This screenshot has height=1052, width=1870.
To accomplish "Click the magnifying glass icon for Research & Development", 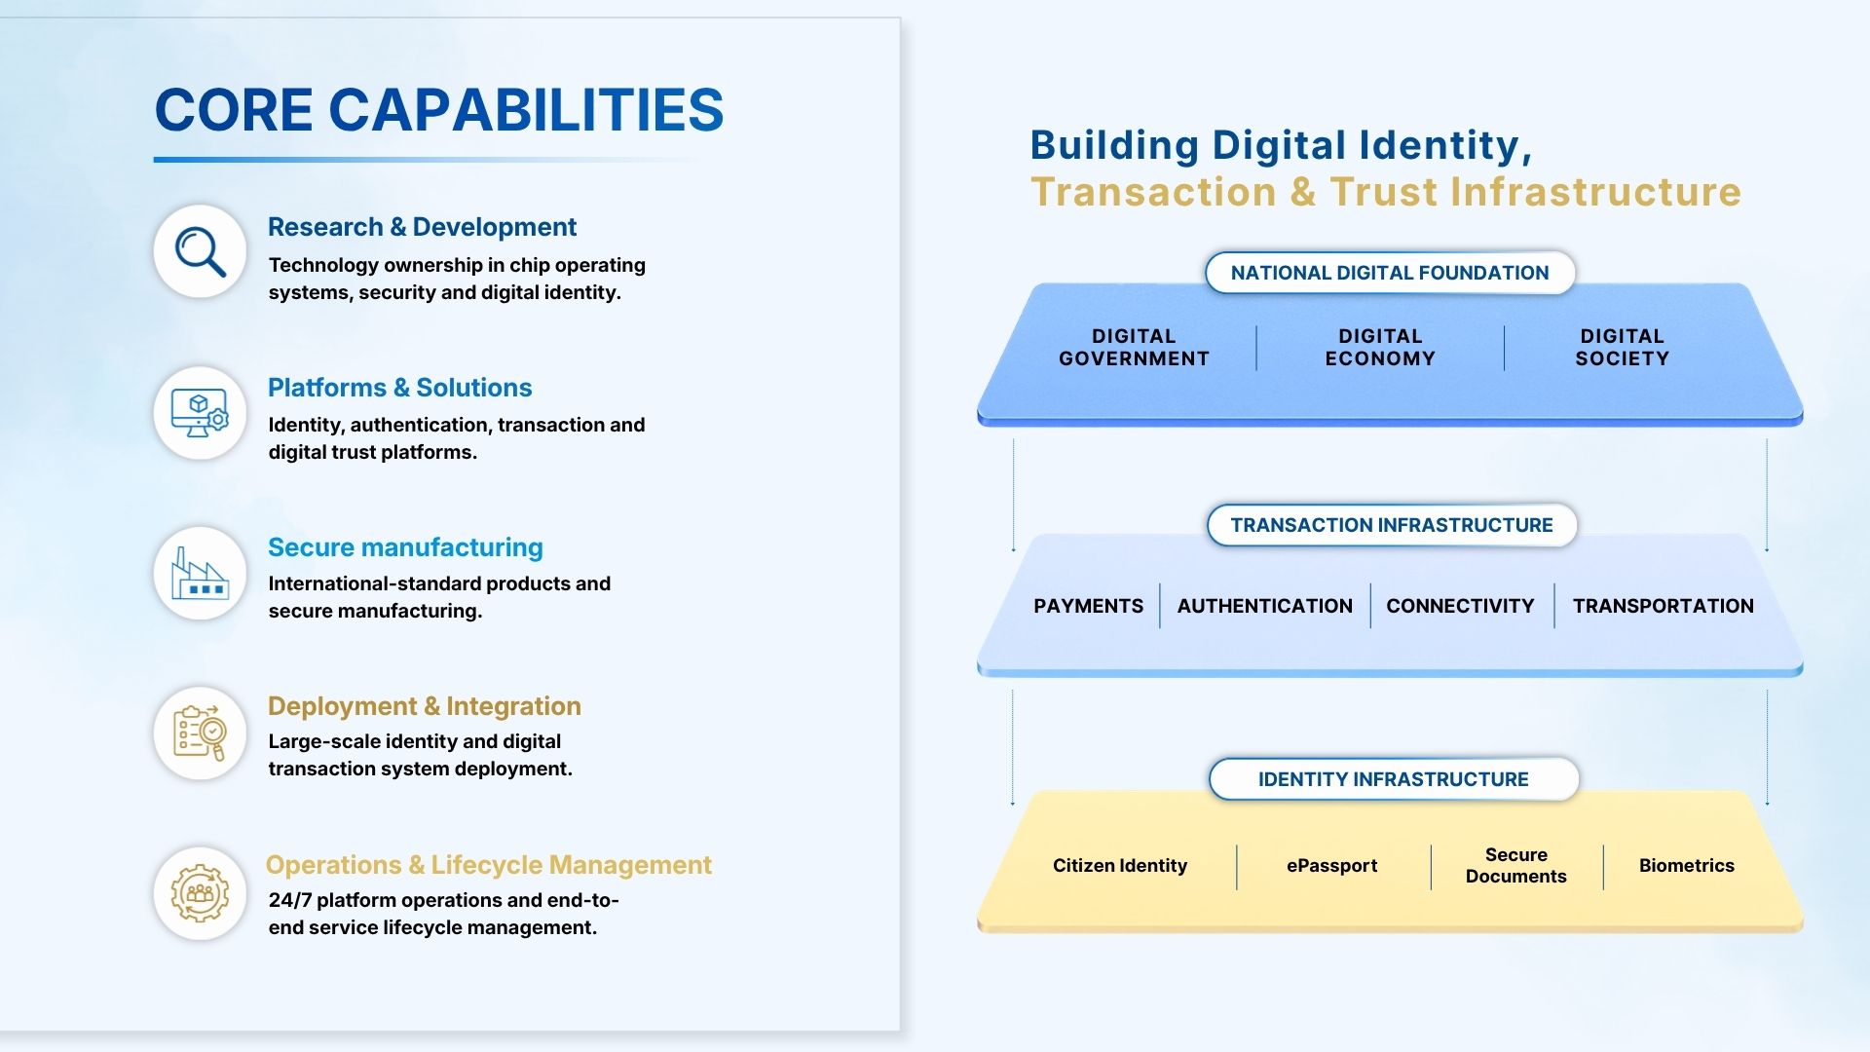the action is tap(200, 251).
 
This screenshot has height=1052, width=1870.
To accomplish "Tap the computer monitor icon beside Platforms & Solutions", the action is tap(200, 413).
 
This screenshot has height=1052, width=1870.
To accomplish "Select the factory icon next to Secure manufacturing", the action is tap(200, 573).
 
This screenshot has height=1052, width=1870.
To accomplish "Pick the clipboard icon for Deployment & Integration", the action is tap(200, 733).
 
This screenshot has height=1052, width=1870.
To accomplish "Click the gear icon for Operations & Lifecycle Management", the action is tap(200, 892).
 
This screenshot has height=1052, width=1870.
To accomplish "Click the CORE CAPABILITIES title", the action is tap(439, 109).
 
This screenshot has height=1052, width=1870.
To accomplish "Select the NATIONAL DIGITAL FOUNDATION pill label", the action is tap(1390, 273).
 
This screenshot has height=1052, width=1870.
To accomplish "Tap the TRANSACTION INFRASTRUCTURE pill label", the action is tap(1392, 525).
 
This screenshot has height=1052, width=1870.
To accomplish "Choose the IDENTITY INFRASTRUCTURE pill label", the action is tap(1394, 779).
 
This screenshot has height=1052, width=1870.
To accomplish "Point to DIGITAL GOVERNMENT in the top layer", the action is tap(1134, 348).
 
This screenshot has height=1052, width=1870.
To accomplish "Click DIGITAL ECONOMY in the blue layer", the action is tap(1380, 348).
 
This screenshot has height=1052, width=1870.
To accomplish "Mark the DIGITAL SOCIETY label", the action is tap(1623, 348).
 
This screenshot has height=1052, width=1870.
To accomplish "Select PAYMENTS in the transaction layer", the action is tap(1089, 606).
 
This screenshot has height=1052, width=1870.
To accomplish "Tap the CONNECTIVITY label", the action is tap(1460, 606).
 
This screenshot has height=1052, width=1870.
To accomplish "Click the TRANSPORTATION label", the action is tap(1664, 606).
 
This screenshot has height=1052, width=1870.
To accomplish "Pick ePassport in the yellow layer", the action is tap(1331, 865).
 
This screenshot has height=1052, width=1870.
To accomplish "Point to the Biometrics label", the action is tap(1687, 865).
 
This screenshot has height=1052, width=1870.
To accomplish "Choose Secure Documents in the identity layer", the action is tap(1516, 865).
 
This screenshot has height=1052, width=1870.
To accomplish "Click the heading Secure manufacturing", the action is tap(405, 547).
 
